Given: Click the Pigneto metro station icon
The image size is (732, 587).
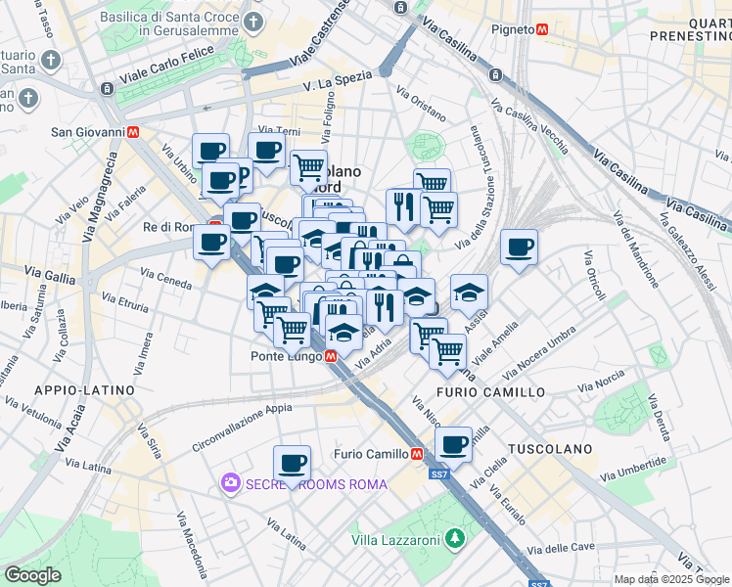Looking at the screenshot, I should pyautogui.click(x=539, y=29).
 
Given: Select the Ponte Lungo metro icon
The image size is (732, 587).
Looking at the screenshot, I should pyautogui.click(x=332, y=356).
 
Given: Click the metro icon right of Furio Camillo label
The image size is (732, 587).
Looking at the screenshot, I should pyautogui.click(x=417, y=454).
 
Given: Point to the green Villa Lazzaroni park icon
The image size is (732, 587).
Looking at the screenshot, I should pyautogui.click(x=454, y=538).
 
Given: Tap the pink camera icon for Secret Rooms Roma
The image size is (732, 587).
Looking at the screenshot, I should pyautogui.click(x=231, y=483).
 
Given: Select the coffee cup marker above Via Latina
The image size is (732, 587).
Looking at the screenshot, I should pyautogui.click(x=292, y=463).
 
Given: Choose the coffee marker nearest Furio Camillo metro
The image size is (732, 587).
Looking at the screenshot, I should pyautogui.click(x=453, y=444).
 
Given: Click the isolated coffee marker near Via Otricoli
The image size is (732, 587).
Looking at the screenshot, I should pyautogui.click(x=519, y=247).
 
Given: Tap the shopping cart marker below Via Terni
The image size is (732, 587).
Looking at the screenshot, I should pyautogui.click(x=309, y=166).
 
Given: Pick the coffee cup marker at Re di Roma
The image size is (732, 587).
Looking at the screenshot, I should pyautogui.click(x=211, y=242).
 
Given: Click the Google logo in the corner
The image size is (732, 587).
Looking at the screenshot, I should pyautogui.click(x=33, y=575).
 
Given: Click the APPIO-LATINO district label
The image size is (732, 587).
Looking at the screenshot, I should pyautogui.click(x=84, y=389).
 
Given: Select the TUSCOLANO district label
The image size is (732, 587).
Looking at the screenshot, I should pyautogui.click(x=550, y=448).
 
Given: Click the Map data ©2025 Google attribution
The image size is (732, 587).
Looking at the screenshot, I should pyautogui.click(x=671, y=579).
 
